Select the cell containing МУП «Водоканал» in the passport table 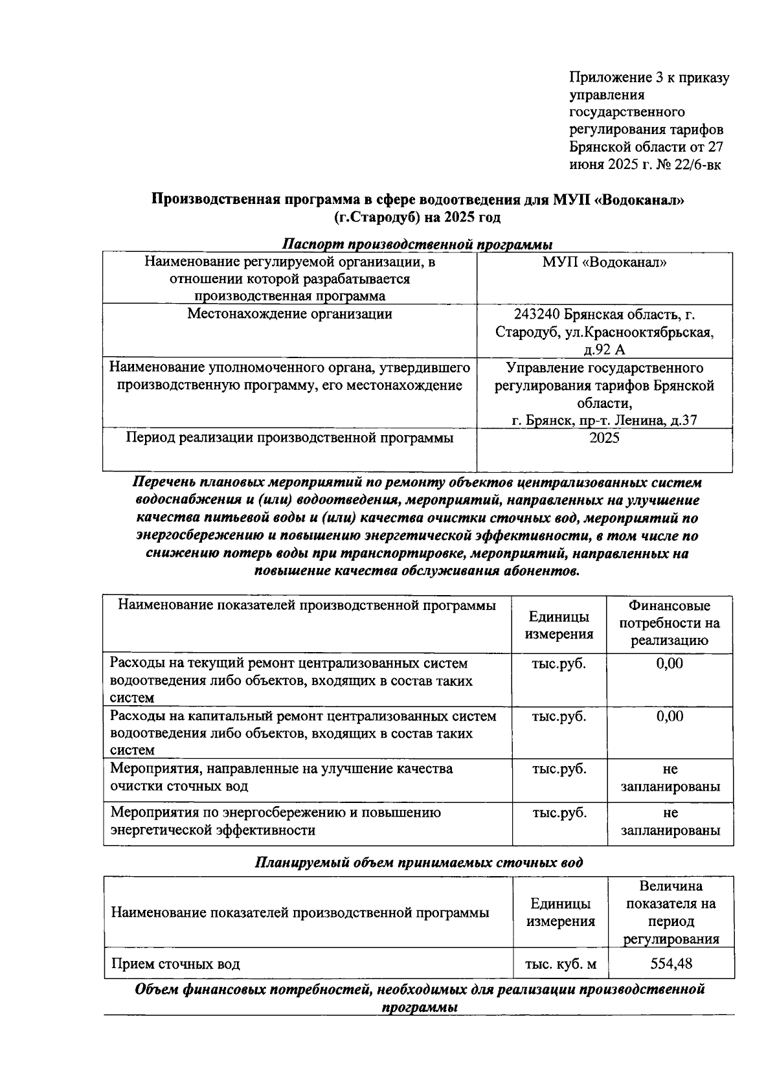(x=604, y=262)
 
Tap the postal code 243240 (x=537, y=315)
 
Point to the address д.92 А (x=604, y=350)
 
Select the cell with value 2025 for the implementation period (x=604, y=438)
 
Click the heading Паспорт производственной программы (x=418, y=245)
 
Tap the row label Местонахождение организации (x=289, y=315)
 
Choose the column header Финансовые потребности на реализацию (x=670, y=623)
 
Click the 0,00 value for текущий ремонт (x=670, y=664)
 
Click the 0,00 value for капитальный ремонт (x=670, y=716)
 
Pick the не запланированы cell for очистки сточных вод (x=670, y=778)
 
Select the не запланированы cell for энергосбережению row (x=670, y=822)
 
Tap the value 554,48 (x=671, y=964)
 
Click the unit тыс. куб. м (x=560, y=964)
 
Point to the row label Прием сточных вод (x=175, y=964)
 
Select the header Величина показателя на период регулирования (x=671, y=912)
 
